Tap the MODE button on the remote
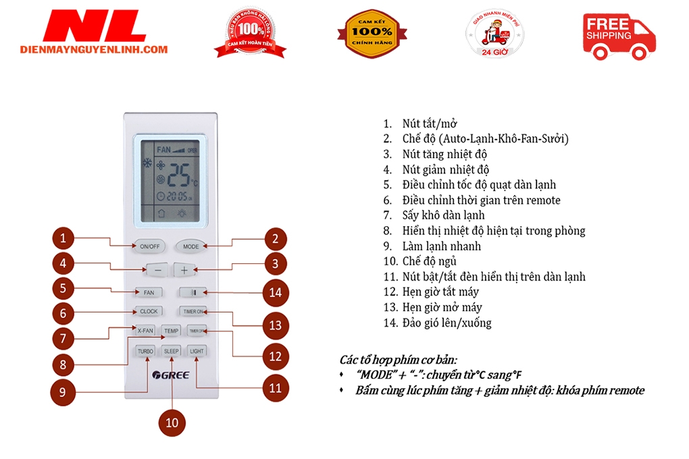click(190, 246)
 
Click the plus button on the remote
click(184, 269)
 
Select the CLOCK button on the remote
click(149, 311)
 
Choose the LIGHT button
click(197, 351)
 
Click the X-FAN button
click(145, 331)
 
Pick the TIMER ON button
click(195, 311)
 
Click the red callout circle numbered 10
click(172, 422)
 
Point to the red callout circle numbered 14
click(275, 292)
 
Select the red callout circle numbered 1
click(63, 238)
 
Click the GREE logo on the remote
click(172, 375)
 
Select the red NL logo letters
click(95, 27)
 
